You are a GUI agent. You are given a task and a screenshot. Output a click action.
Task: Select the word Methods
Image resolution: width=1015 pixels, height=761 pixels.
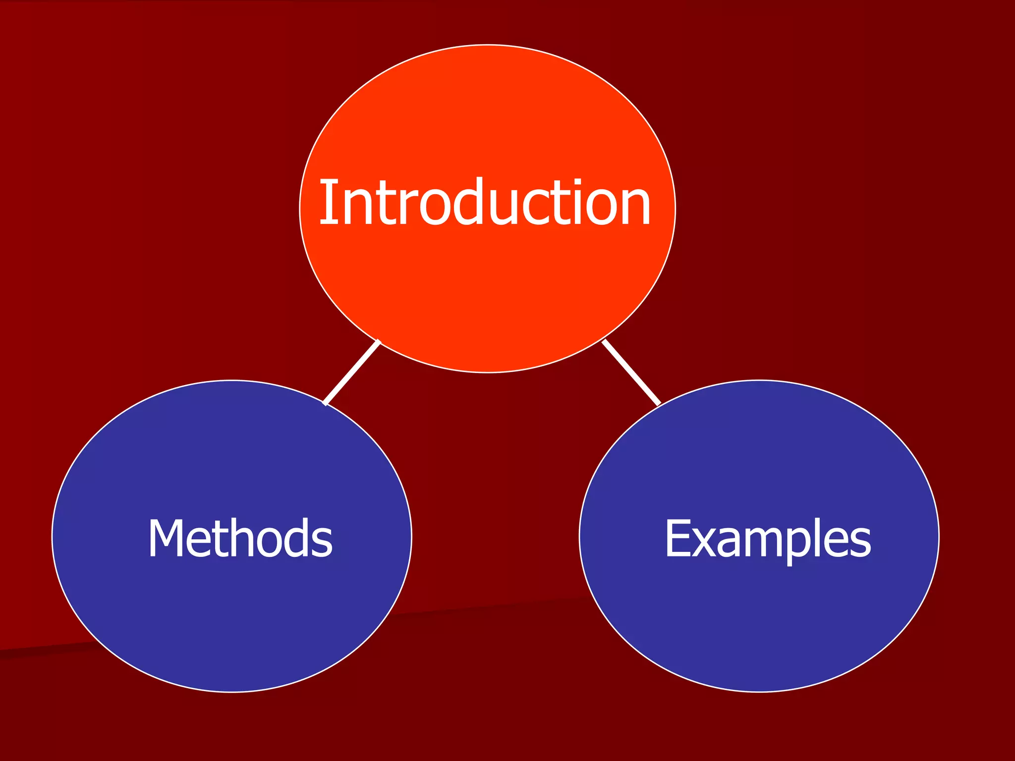[240, 539]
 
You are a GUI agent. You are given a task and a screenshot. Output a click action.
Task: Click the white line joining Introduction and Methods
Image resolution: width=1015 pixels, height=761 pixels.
[351, 373]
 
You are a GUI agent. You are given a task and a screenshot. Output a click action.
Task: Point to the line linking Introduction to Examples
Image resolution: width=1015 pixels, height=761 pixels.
[631, 373]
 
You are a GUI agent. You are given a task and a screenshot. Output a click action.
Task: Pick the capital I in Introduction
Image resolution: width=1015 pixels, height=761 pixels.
[327, 202]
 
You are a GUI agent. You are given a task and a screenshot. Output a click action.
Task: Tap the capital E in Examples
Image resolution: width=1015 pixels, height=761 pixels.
[677, 539]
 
